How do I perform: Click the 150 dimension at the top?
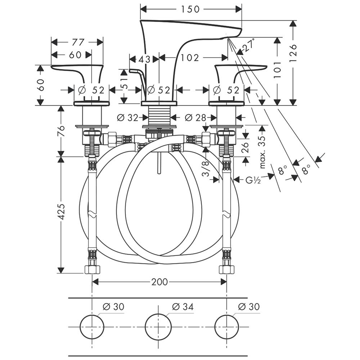[x=190, y=9]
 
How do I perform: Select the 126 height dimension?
[x=293, y=53]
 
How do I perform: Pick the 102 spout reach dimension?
[x=190, y=58]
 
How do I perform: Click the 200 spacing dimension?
[x=159, y=282]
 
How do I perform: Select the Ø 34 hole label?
[x=183, y=307]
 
